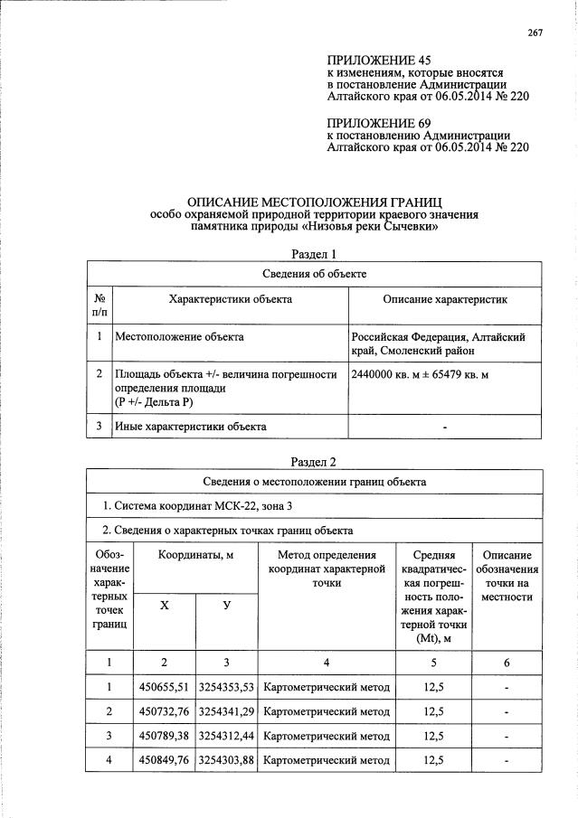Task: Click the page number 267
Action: click(x=535, y=33)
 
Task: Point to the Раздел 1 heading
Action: click(x=314, y=254)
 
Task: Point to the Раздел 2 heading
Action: click(x=314, y=462)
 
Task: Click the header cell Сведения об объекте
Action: click(x=314, y=274)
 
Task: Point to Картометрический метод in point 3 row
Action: click(x=327, y=737)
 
